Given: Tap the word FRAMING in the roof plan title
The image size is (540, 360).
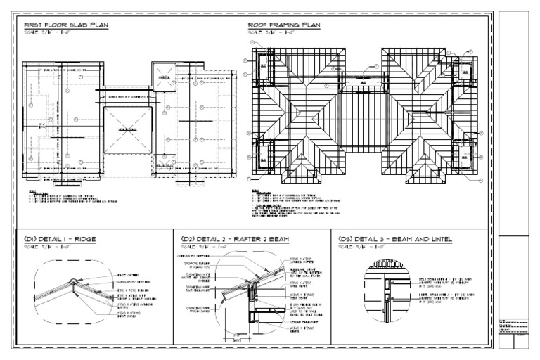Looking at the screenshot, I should coord(289,25).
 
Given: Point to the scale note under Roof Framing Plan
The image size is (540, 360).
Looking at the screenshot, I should coord(270,32).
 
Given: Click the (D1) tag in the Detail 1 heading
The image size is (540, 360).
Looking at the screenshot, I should coord(30,239).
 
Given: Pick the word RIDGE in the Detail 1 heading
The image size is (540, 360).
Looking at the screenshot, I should coord(83,239).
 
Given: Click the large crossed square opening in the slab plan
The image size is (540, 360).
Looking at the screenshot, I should coord(127,129).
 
